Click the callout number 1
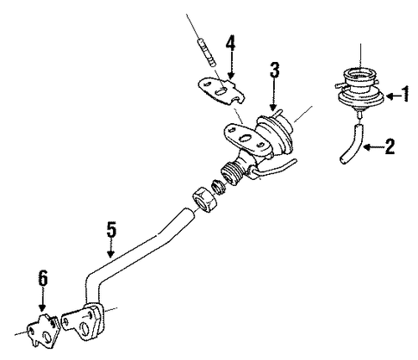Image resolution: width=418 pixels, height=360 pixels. point(405,94)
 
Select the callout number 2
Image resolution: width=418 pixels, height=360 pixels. point(390,146)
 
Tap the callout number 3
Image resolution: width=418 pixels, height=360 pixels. point(274,71)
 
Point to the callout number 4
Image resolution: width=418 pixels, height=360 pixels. point(230,44)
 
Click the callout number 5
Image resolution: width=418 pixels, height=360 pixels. point(111,229)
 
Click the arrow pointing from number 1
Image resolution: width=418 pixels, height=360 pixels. point(393,96)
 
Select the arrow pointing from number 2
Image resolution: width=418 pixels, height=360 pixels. point(373,147)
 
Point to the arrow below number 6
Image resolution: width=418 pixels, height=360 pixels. point(42,300)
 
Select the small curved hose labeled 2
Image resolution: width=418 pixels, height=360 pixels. point(351,143)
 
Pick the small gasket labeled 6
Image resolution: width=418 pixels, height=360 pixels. point(43,330)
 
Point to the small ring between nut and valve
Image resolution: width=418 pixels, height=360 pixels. point(220,187)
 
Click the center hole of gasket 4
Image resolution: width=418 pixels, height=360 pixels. point(221,92)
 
